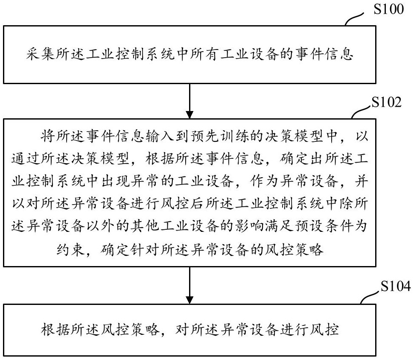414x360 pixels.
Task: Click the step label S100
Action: (388, 9)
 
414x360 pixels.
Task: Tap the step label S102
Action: (387, 103)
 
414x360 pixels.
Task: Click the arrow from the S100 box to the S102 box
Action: (189, 101)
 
